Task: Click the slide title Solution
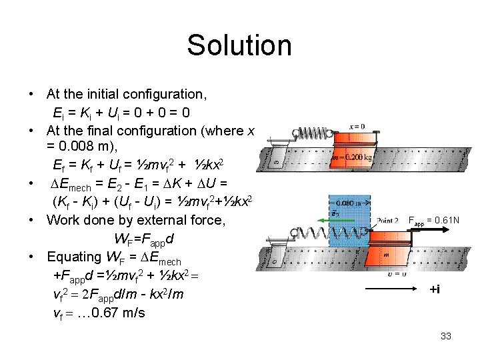click(239, 45)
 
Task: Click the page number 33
click(446, 336)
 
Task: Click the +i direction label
click(435, 289)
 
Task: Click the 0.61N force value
click(441, 220)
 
